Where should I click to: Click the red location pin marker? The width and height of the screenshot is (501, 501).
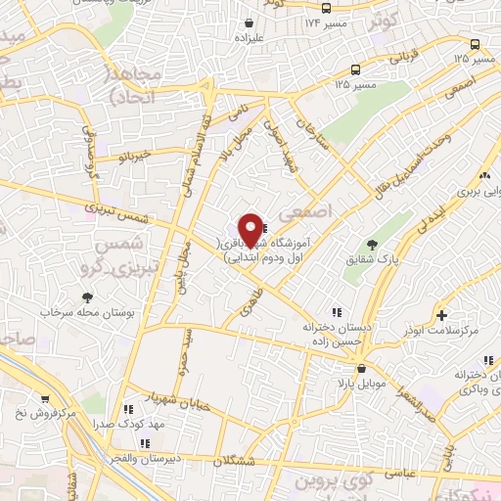(251, 229)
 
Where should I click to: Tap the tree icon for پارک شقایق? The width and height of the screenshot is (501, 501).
(371, 245)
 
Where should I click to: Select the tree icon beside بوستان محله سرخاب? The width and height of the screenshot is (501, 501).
(88, 296)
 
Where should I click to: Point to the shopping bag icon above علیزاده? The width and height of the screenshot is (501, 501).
(250, 22)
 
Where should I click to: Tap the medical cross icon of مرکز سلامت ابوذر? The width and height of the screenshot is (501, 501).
(442, 315)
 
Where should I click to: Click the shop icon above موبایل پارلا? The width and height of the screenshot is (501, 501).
(362, 370)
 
